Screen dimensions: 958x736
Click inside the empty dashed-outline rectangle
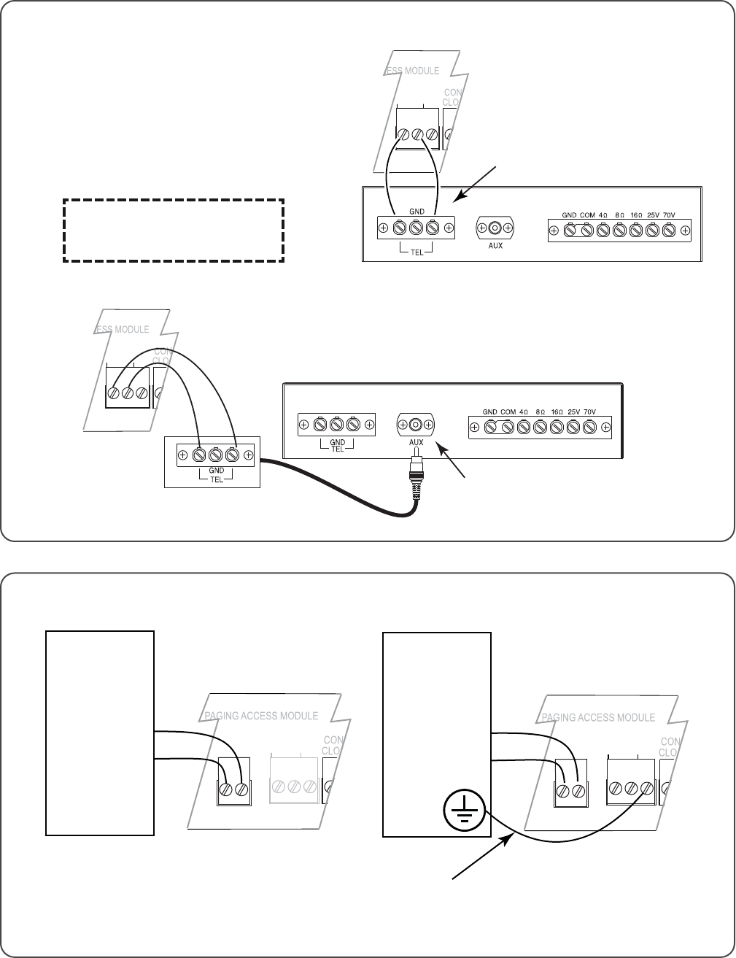tap(173, 230)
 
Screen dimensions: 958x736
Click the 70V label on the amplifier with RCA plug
tap(590, 412)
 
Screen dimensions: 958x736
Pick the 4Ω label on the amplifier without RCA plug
tap(603, 215)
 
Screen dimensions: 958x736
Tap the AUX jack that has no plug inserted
tap(495, 228)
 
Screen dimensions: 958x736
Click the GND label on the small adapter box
tap(216, 471)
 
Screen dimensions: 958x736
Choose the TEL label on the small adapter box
tap(216, 479)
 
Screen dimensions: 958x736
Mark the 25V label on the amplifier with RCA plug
tap(573, 412)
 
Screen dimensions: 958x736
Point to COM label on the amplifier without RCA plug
tap(587, 215)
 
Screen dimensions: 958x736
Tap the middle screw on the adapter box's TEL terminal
tap(216, 456)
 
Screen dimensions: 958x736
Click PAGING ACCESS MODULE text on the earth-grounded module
tap(598, 717)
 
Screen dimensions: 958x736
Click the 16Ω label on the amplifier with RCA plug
tap(557, 412)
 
